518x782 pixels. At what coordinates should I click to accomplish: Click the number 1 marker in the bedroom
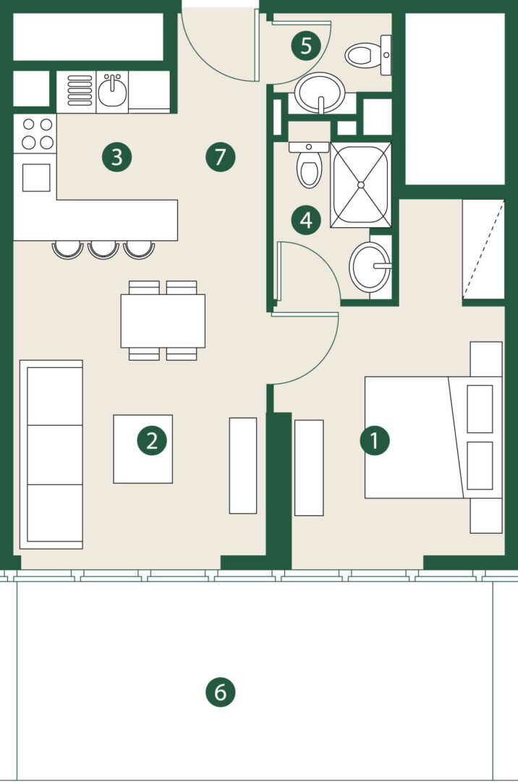[x=375, y=440]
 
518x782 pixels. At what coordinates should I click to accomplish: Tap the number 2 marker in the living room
[x=152, y=441]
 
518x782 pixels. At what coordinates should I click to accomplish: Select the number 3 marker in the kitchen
[x=116, y=157]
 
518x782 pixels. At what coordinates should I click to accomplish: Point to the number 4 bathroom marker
[x=306, y=220]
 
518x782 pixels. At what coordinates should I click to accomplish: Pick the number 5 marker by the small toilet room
[x=306, y=46]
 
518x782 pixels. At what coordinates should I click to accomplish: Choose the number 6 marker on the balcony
[x=220, y=692]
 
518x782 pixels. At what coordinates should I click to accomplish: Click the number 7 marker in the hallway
[x=220, y=157]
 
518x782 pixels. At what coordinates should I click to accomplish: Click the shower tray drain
[x=361, y=185]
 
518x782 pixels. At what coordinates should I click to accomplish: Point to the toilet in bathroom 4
[x=309, y=164]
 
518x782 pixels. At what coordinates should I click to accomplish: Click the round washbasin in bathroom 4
[x=370, y=266]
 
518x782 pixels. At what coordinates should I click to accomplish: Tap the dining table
[x=163, y=321]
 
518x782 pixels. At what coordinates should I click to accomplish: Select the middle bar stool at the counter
[x=103, y=249]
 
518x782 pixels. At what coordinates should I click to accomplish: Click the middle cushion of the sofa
[x=55, y=455]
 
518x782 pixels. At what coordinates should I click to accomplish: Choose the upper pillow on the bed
[x=480, y=409]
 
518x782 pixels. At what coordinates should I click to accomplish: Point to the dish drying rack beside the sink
[x=80, y=91]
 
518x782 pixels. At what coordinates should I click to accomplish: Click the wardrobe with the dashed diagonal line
[x=483, y=249]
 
